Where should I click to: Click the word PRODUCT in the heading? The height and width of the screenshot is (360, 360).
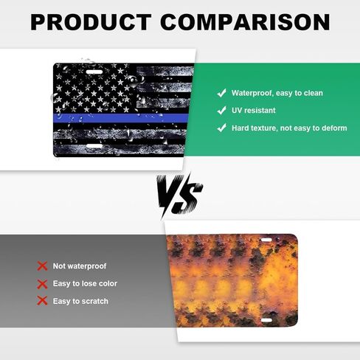click(x=91, y=22)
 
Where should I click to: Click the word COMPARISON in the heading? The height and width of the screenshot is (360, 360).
click(x=245, y=22)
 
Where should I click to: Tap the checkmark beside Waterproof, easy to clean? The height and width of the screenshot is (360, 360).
click(x=221, y=93)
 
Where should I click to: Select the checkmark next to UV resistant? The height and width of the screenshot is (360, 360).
click(x=221, y=111)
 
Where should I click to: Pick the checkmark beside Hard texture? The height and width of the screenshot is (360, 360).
click(x=221, y=128)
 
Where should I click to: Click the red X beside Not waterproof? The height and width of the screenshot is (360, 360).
click(x=42, y=266)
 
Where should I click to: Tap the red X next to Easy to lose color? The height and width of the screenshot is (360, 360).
click(x=42, y=284)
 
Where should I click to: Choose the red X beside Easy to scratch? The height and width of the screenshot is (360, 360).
click(x=42, y=301)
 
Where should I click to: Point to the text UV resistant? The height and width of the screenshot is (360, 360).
click(x=254, y=111)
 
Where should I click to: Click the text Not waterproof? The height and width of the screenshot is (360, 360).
click(x=80, y=266)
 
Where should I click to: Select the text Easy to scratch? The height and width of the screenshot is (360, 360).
click(x=80, y=301)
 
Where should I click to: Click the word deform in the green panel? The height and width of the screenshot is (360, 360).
click(x=333, y=128)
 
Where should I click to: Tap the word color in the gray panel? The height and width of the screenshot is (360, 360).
click(x=108, y=283)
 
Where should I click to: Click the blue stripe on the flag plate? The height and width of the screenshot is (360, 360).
click(x=121, y=118)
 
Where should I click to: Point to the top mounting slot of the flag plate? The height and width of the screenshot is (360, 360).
click(x=94, y=72)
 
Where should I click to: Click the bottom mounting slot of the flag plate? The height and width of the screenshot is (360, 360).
click(x=94, y=146)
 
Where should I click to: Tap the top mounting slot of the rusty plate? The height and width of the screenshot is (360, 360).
click(x=266, y=240)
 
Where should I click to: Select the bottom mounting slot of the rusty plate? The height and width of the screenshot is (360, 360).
click(x=266, y=320)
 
